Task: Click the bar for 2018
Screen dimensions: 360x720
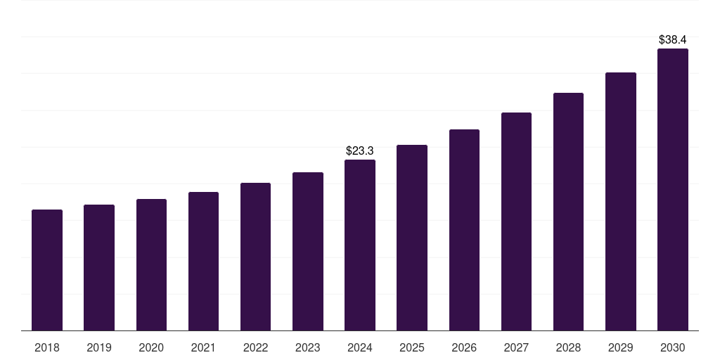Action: coord(47,270)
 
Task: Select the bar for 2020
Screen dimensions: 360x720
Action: coord(151,265)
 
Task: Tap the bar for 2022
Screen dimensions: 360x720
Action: coord(255,257)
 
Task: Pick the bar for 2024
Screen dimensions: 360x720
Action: coord(360,245)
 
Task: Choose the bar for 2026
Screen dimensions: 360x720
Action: coord(464,230)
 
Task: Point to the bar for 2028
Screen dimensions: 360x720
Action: coord(568,212)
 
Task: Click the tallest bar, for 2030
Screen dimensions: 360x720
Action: coord(673,190)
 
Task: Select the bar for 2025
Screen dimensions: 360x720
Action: coord(412,238)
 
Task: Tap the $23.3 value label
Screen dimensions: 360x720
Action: coord(360,150)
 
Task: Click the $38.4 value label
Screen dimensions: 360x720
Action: coord(673,40)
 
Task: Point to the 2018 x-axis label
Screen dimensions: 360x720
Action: coord(47,347)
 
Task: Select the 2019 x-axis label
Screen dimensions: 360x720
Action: coord(99,347)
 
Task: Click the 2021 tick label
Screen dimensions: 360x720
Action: coord(203,347)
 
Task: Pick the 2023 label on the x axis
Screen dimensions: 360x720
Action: coord(308,347)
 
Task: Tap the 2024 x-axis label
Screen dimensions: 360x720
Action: coord(360,347)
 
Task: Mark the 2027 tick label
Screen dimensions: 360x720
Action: coord(516,347)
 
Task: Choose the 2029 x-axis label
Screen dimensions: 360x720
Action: coord(621,347)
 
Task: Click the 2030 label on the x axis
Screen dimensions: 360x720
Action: coord(673,347)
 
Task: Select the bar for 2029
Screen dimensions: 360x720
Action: coord(621,202)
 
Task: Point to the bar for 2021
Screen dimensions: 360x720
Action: coord(203,262)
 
